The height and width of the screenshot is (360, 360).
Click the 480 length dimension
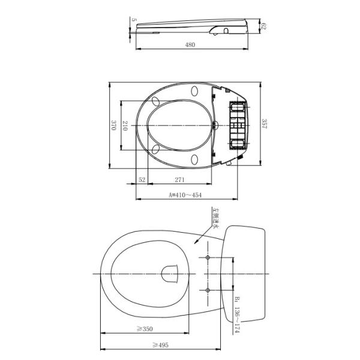pyautogui.click(x=190, y=44)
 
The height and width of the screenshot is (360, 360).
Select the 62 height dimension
pyautogui.click(x=263, y=26)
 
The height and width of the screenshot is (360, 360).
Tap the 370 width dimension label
pyautogui.click(x=113, y=125)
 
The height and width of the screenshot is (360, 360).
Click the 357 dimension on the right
pyautogui.click(x=265, y=124)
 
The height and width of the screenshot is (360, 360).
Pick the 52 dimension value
pyautogui.click(x=142, y=179)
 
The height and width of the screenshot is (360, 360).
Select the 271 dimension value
pyautogui.click(x=179, y=179)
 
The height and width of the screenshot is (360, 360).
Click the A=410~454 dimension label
pyautogui.click(x=185, y=195)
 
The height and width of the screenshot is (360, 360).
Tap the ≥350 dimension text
pyautogui.click(x=145, y=329)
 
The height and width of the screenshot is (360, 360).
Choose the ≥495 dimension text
pyautogui.click(x=160, y=344)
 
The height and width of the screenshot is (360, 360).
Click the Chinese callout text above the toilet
pyautogui.click(x=215, y=219)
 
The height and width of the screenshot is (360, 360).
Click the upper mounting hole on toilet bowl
pyautogui.click(x=208, y=257)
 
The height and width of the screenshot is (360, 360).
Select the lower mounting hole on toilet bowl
pyautogui.click(x=208, y=290)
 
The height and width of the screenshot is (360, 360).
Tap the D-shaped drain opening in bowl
pyautogui.click(x=172, y=274)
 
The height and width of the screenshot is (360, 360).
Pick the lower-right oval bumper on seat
pyautogui.click(x=196, y=159)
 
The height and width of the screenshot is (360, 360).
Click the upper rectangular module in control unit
pyautogui.click(x=238, y=109)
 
